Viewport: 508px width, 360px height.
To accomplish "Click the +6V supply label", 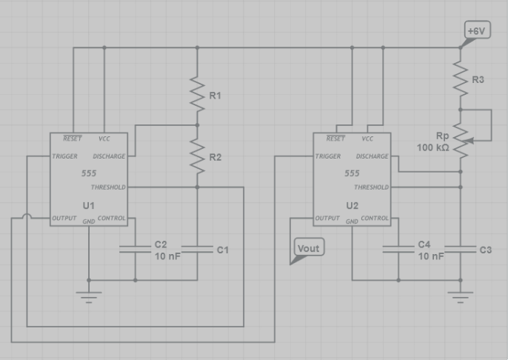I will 476,31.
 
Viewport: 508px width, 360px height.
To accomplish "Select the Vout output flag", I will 307,249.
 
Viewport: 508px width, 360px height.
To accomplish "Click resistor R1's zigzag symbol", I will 197,95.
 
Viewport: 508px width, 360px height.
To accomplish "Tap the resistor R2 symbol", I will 197,156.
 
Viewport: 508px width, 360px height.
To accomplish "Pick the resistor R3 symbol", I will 461,79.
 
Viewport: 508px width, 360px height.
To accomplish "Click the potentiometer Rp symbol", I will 461,139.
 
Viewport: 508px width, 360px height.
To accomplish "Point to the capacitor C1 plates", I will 197,250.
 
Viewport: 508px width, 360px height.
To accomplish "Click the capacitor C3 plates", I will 461,250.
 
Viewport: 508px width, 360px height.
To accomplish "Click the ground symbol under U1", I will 89,296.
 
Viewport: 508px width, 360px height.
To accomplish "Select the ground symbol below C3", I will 461,297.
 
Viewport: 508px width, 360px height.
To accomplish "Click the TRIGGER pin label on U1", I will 65,156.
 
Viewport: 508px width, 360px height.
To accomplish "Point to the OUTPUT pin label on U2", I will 327,219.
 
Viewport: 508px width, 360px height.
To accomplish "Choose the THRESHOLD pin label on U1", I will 109,187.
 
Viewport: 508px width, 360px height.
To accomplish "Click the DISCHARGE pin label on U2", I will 372,156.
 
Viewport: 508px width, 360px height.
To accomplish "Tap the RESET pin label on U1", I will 73,139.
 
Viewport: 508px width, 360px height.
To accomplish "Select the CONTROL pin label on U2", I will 374,219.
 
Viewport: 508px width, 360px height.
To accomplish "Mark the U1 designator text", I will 89,204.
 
